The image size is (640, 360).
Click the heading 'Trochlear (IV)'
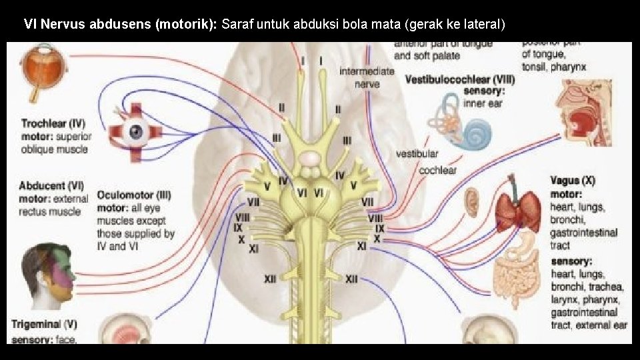pyautogui.click(x=53, y=123)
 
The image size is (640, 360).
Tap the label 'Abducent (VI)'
pyautogui.click(x=51, y=186)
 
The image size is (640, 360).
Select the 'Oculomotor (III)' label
pyautogui.click(x=134, y=195)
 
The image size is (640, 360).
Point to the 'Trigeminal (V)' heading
pyautogui.click(x=45, y=325)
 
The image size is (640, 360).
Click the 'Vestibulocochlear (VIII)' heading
pyautogui.click(x=459, y=79)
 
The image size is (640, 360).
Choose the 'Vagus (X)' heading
pyautogui.click(x=573, y=181)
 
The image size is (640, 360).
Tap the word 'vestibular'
pyautogui.click(x=417, y=153)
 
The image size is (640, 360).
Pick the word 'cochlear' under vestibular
pyautogui.click(x=437, y=170)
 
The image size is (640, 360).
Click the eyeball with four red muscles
pyautogui.click(x=137, y=132)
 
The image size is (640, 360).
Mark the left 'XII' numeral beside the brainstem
pyautogui.click(x=269, y=279)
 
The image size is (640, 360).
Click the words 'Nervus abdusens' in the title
pyautogui.click(x=96, y=25)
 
